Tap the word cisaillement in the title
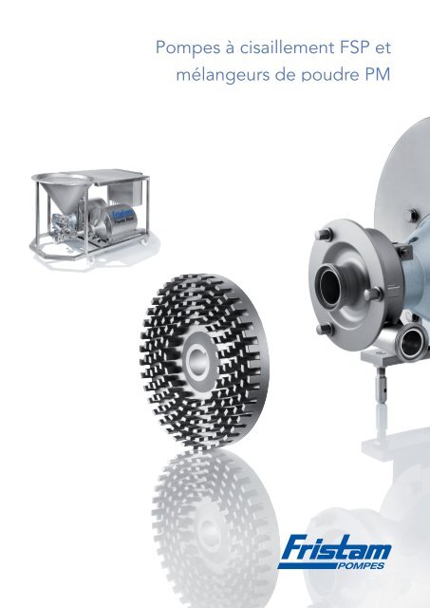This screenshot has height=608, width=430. (287, 47)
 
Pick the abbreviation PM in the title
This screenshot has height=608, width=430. (377, 74)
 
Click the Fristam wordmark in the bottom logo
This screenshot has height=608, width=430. (335, 547)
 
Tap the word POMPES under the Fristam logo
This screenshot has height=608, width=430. (361, 565)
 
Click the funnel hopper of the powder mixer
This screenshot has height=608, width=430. (64, 192)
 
